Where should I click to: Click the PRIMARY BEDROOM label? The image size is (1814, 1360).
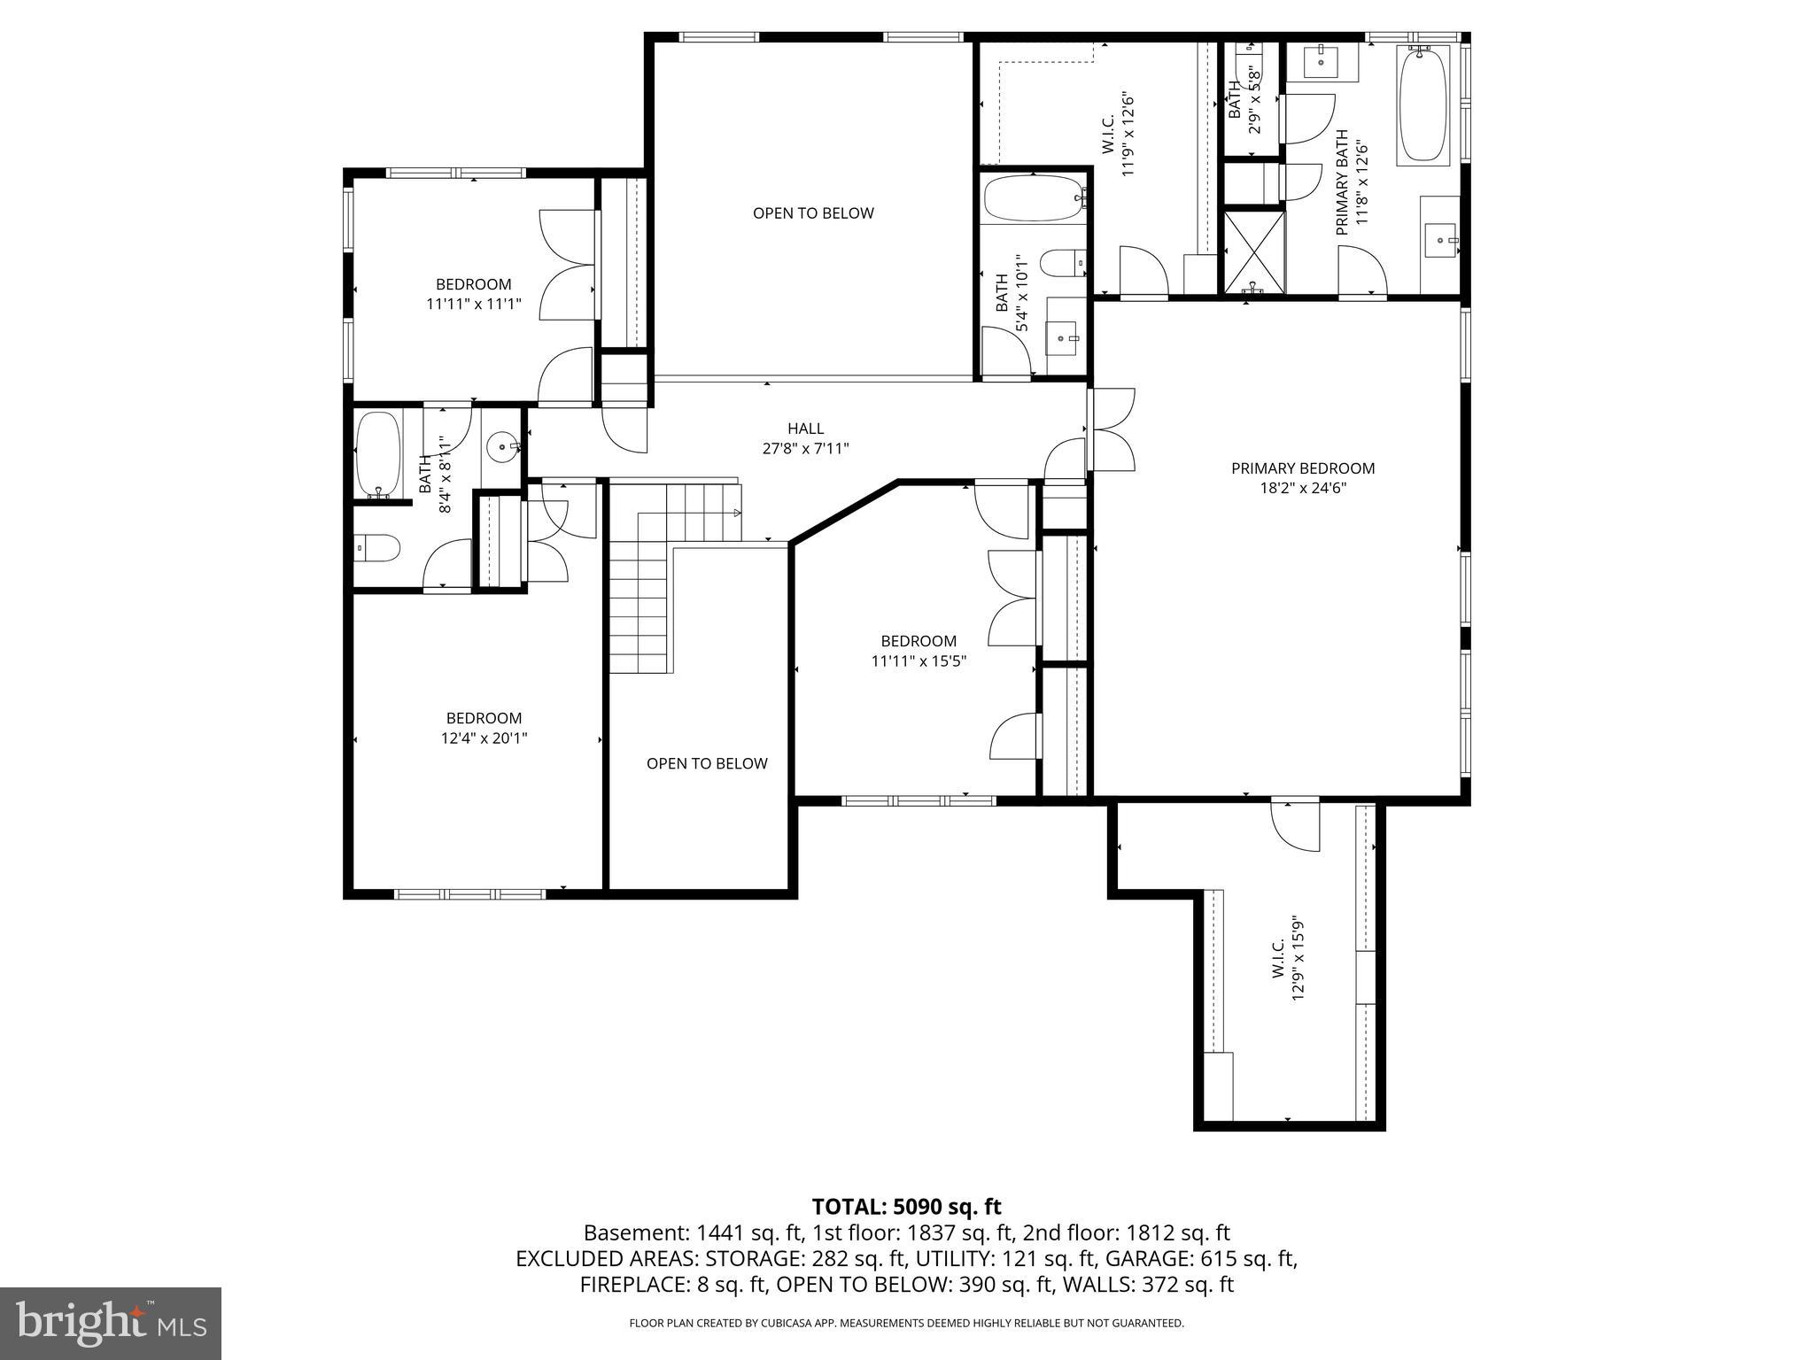point(1302,468)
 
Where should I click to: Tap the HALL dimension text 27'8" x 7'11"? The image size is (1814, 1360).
point(805,449)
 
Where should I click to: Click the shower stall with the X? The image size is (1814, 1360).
point(1253,251)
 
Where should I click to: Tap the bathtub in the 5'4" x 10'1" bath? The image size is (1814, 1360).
point(1034,198)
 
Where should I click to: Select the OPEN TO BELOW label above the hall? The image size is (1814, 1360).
point(813,213)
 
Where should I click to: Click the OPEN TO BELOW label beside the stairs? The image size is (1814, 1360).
point(707,763)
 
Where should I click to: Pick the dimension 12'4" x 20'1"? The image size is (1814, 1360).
point(484,738)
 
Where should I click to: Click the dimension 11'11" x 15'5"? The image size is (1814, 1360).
point(918,661)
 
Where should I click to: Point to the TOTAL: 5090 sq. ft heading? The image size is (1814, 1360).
point(906,1206)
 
